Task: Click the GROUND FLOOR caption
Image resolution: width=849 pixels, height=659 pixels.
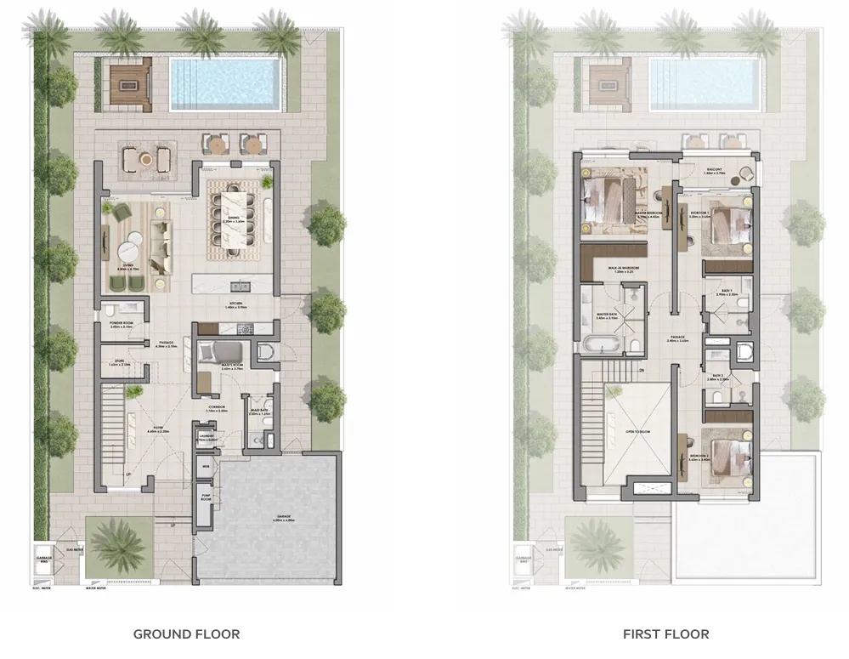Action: click(186, 633)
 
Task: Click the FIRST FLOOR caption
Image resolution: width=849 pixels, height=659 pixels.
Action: click(665, 633)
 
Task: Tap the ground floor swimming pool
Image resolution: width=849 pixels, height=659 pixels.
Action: click(225, 84)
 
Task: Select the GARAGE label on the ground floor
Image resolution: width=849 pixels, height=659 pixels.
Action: click(284, 518)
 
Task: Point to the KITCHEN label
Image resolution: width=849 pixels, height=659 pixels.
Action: click(235, 305)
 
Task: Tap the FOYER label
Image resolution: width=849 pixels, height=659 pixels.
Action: click(158, 430)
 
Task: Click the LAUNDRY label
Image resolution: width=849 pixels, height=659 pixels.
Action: click(207, 437)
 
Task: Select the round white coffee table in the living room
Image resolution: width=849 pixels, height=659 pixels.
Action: click(129, 251)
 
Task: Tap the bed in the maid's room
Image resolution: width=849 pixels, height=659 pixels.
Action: click(224, 352)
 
